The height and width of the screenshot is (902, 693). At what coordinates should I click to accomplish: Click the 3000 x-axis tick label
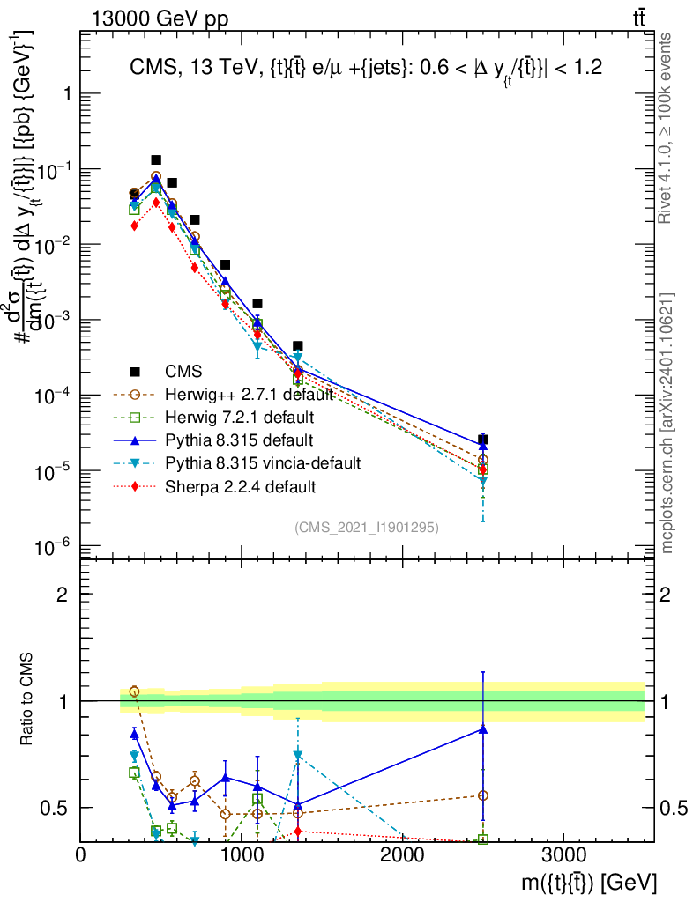564,856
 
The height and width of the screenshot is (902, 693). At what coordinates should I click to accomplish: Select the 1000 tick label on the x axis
242,856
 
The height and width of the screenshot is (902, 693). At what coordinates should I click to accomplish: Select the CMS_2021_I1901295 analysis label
367,527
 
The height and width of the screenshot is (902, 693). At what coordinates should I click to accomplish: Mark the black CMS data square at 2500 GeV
483,440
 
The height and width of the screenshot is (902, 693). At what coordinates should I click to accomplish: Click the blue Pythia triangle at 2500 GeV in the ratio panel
483,728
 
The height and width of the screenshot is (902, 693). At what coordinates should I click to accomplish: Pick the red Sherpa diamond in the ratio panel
298,831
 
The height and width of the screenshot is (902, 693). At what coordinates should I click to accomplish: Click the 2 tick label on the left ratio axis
62,595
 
